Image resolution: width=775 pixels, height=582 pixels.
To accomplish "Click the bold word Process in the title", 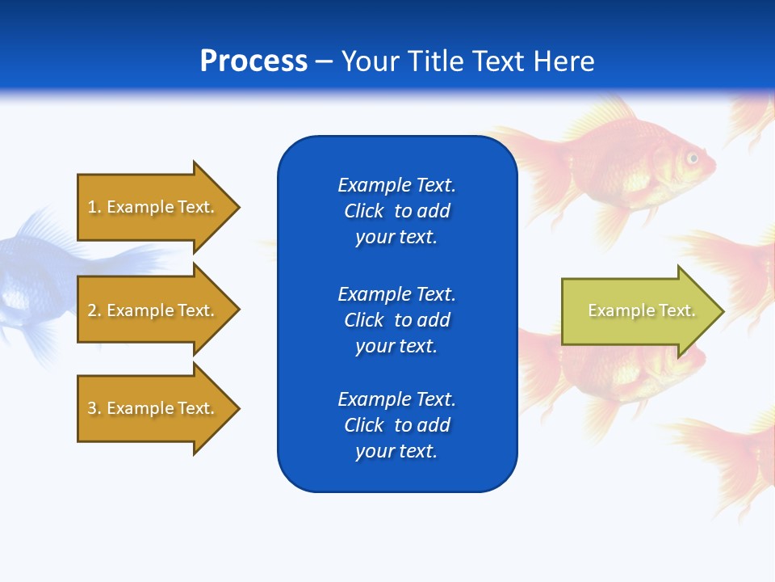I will [253, 61].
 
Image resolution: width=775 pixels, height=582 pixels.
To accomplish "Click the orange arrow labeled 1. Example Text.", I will [153, 207].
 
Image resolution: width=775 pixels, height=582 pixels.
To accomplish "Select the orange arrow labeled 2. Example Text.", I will [153, 310].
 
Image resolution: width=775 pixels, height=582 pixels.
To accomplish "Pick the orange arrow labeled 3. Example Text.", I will [153, 408].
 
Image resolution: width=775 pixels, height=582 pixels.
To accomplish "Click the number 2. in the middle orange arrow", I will [94, 310].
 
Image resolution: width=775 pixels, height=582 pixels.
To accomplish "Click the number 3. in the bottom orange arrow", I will [94, 408].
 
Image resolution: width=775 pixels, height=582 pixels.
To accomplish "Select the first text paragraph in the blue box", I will [396, 211].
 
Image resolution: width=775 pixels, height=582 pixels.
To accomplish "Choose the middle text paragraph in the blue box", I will [396, 320].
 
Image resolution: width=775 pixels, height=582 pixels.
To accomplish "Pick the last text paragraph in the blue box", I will [396, 425].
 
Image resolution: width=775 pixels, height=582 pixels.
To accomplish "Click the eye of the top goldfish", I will [692, 158].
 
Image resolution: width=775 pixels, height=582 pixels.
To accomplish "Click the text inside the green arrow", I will [641, 310].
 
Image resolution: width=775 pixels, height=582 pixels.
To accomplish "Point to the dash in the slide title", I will [325, 61].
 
